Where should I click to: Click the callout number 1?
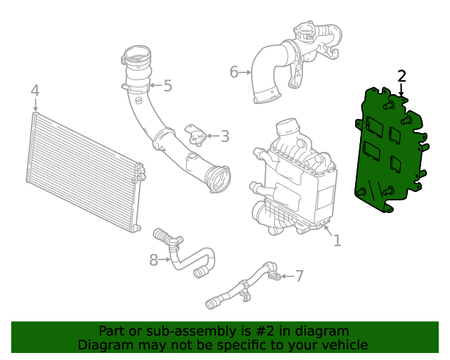337,240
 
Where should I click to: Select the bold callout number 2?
401,76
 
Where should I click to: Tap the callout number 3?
225,136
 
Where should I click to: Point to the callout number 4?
34,91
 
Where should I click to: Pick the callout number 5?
167,86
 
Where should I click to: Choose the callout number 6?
234,72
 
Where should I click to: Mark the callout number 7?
300,276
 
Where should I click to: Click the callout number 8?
154,260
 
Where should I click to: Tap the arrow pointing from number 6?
245,72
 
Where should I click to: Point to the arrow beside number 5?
156,85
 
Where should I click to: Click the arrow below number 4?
35,105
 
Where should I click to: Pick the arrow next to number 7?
288,276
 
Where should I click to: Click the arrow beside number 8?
165,259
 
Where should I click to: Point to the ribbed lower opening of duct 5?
219,179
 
